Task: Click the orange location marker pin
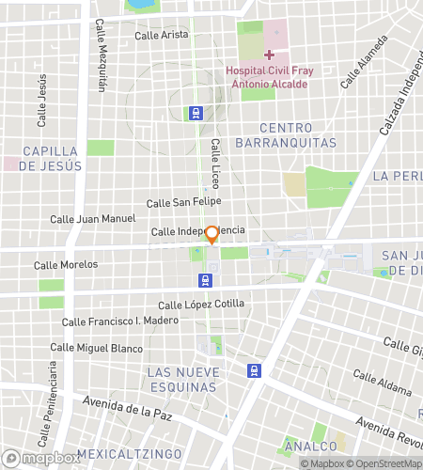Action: coord(212,235)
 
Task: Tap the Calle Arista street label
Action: coord(162,36)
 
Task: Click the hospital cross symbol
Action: coord(269,55)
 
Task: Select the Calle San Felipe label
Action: coord(183,202)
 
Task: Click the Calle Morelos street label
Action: coord(66,264)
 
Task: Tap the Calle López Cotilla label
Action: coord(201,304)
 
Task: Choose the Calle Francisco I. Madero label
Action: coord(119,321)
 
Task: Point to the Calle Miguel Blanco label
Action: coord(96,348)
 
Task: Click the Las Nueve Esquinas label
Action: coord(183,380)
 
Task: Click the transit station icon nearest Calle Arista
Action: coord(196,113)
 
